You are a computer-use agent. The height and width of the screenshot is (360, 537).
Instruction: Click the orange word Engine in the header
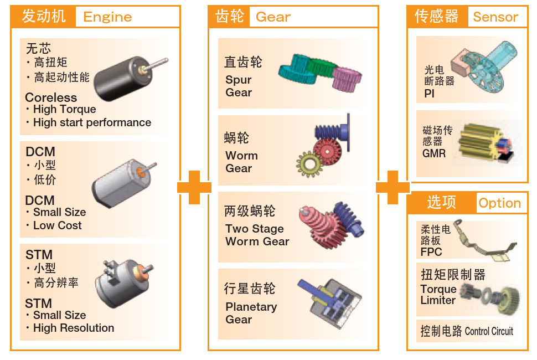point(107,17)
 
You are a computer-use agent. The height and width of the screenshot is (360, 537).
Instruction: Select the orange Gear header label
point(273,17)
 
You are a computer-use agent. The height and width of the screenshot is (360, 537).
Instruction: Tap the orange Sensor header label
point(495,17)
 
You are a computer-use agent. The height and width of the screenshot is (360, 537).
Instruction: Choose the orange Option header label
point(499,203)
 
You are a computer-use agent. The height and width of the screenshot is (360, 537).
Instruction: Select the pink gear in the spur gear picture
point(347,78)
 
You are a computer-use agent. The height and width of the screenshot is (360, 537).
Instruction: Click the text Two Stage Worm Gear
point(257,235)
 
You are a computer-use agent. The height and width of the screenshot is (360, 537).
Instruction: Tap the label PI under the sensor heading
point(430,94)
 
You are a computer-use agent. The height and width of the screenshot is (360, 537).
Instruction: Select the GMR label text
point(433,153)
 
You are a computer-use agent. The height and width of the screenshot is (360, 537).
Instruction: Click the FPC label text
point(431,252)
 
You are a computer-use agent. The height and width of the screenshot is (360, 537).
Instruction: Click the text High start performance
point(92,122)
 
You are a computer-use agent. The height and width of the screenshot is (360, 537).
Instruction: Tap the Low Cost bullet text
point(57,225)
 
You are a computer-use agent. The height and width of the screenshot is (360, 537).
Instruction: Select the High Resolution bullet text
point(73,328)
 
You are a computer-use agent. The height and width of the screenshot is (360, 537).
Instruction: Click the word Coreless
point(51,97)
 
